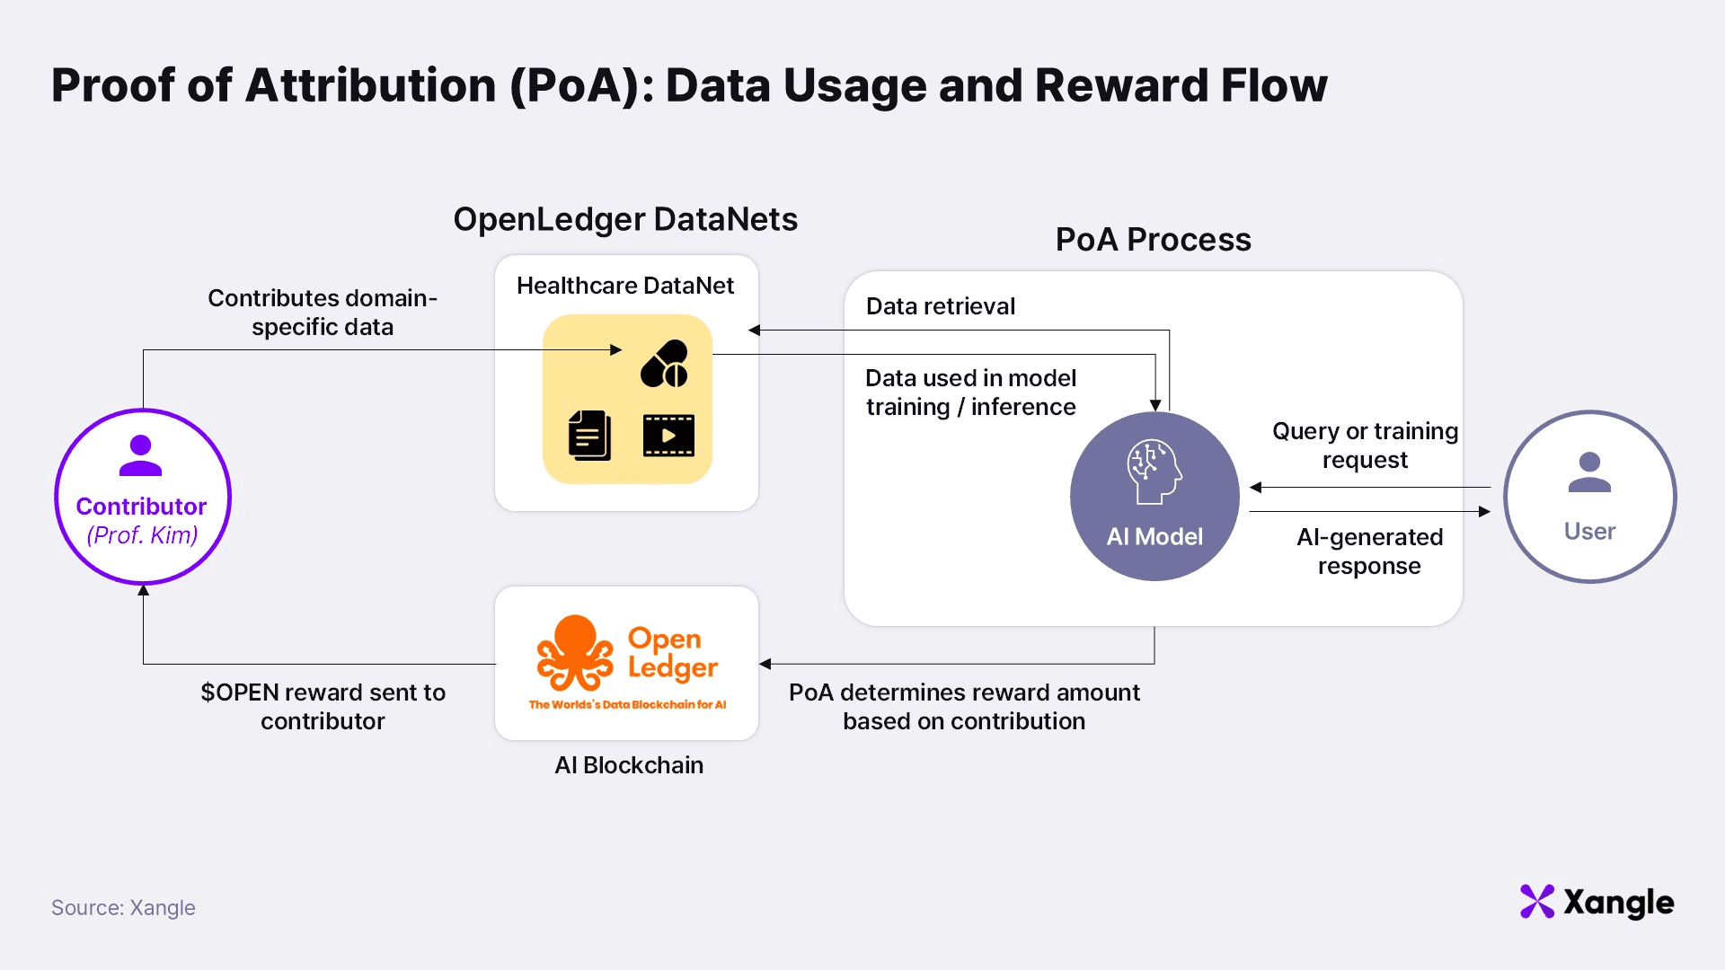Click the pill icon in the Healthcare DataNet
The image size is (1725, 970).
[665, 364]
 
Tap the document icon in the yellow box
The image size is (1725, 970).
[589, 436]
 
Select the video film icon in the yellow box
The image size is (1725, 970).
[668, 436]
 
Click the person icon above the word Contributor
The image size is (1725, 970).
[141, 455]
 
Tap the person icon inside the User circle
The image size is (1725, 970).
[1589, 472]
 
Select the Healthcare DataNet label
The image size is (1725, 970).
[625, 286]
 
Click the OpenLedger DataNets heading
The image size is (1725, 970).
[625, 219]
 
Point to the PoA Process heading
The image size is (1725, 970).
[1153, 240]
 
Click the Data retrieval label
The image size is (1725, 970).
[940, 306]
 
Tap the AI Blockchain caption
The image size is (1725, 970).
[629, 765]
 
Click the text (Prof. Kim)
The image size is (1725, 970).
[142, 535]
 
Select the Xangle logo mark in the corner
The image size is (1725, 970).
[1537, 902]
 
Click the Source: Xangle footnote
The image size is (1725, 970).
[123, 908]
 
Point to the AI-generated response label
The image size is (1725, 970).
[1369, 551]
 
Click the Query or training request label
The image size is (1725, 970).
[1365, 445]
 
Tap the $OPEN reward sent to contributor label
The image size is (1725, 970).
[323, 707]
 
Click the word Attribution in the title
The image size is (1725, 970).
[370, 86]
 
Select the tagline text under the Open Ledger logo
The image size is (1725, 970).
[627, 705]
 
